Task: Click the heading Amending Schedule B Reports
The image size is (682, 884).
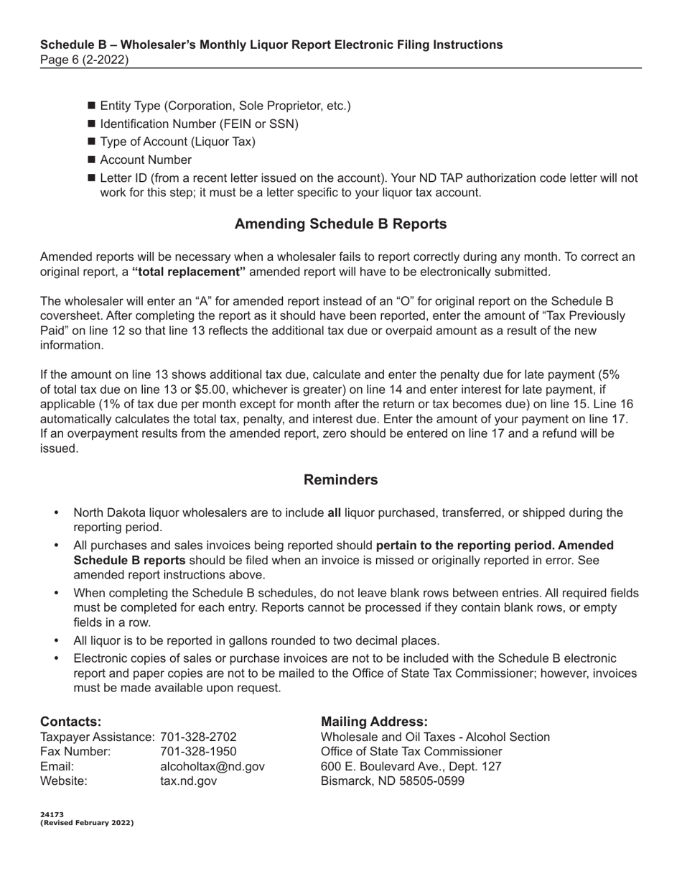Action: click(x=340, y=224)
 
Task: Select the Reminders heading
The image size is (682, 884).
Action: click(x=340, y=480)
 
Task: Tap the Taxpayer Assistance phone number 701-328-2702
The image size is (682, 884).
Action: click(x=198, y=737)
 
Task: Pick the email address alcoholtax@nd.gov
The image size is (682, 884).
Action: click(x=212, y=766)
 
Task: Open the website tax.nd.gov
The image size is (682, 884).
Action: click(x=188, y=781)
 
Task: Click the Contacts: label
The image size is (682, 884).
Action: click(x=70, y=722)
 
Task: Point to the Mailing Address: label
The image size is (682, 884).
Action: click(x=374, y=722)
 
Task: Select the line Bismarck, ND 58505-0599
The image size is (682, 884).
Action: click(x=393, y=781)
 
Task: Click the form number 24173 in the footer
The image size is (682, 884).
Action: click(x=52, y=814)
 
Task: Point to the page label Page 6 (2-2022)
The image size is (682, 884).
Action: click(x=84, y=60)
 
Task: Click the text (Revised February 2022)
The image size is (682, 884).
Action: click(x=87, y=822)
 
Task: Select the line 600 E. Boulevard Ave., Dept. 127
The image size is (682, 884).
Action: click(x=411, y=766)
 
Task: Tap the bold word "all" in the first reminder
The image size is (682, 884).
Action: click(x=334, y=513)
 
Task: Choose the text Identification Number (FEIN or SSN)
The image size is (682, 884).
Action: click(x=199, y=124)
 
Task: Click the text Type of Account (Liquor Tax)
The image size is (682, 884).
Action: click(x=177, y=142)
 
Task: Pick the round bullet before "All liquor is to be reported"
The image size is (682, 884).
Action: click(x=57, y=641)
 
